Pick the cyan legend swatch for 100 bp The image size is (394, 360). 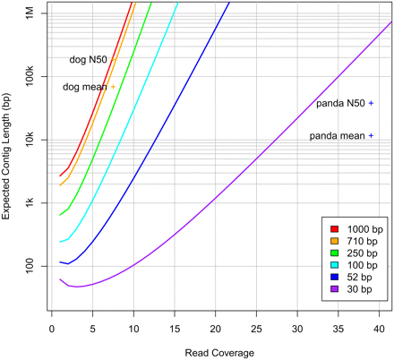[x=333, y=263]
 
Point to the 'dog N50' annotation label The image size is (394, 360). [x=89, y=60]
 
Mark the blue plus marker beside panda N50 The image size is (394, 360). [x=371, y=104]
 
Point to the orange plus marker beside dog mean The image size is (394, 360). [x=114, y=87]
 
